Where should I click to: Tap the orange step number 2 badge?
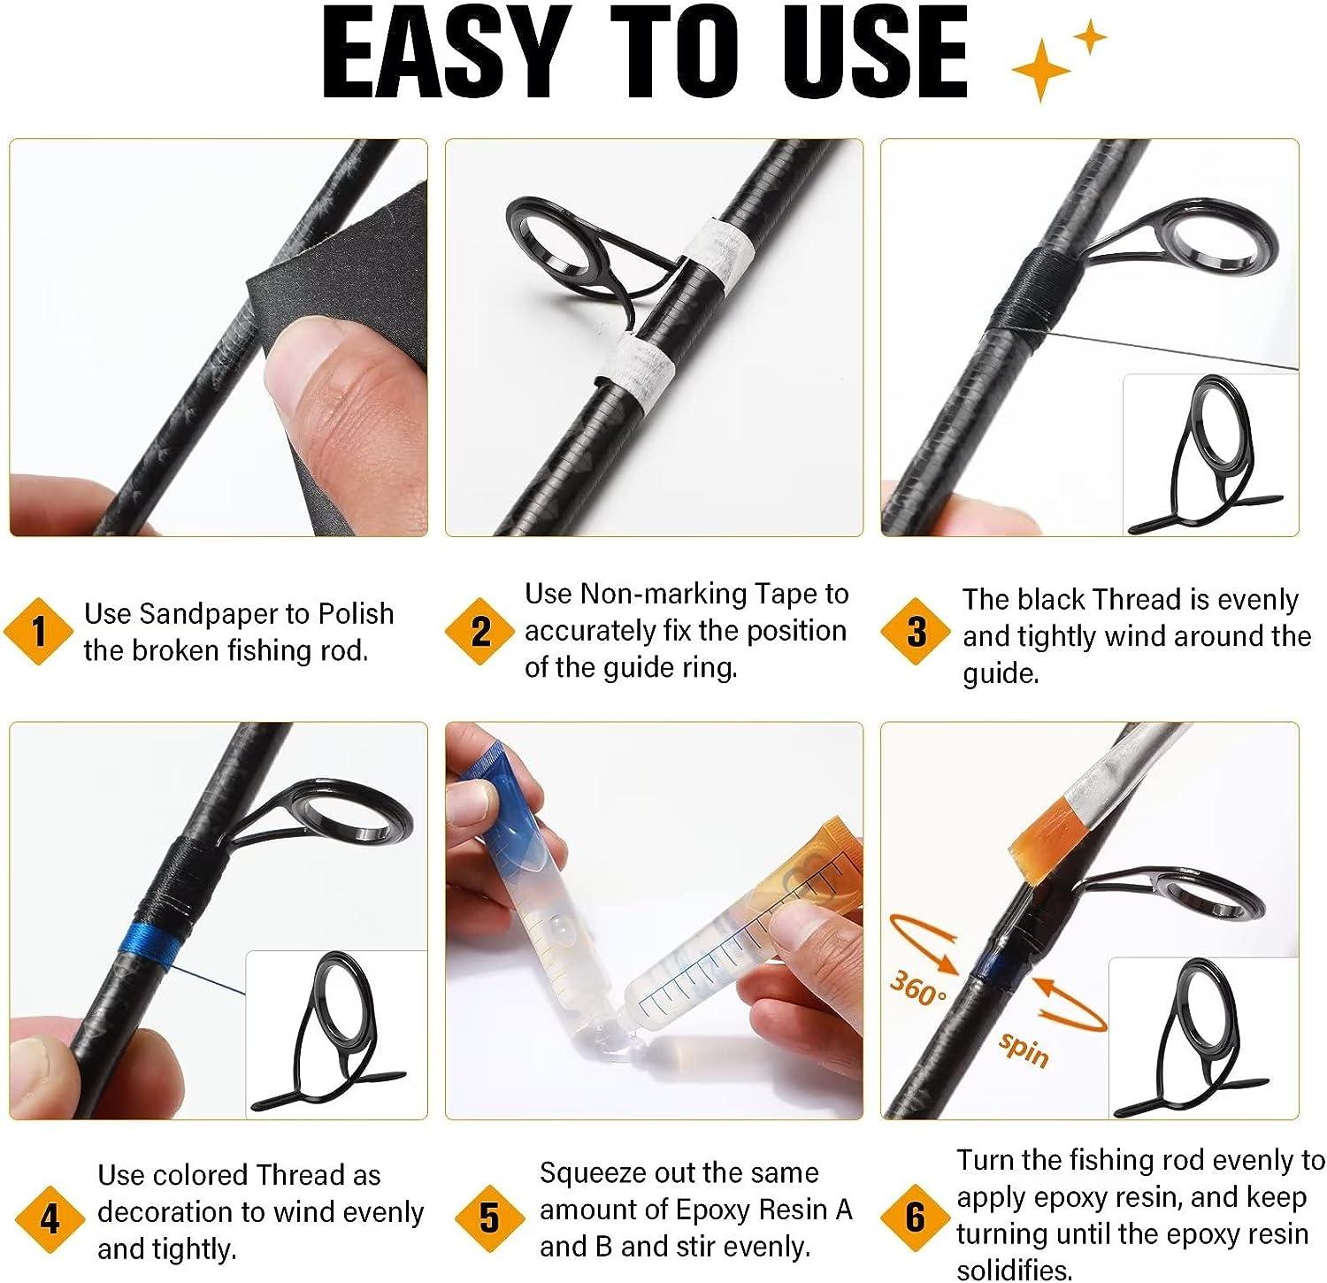480,632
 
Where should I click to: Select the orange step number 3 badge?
917,632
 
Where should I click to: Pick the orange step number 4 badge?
50,1220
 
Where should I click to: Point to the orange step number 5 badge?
489,1218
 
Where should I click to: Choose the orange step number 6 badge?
916,1218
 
